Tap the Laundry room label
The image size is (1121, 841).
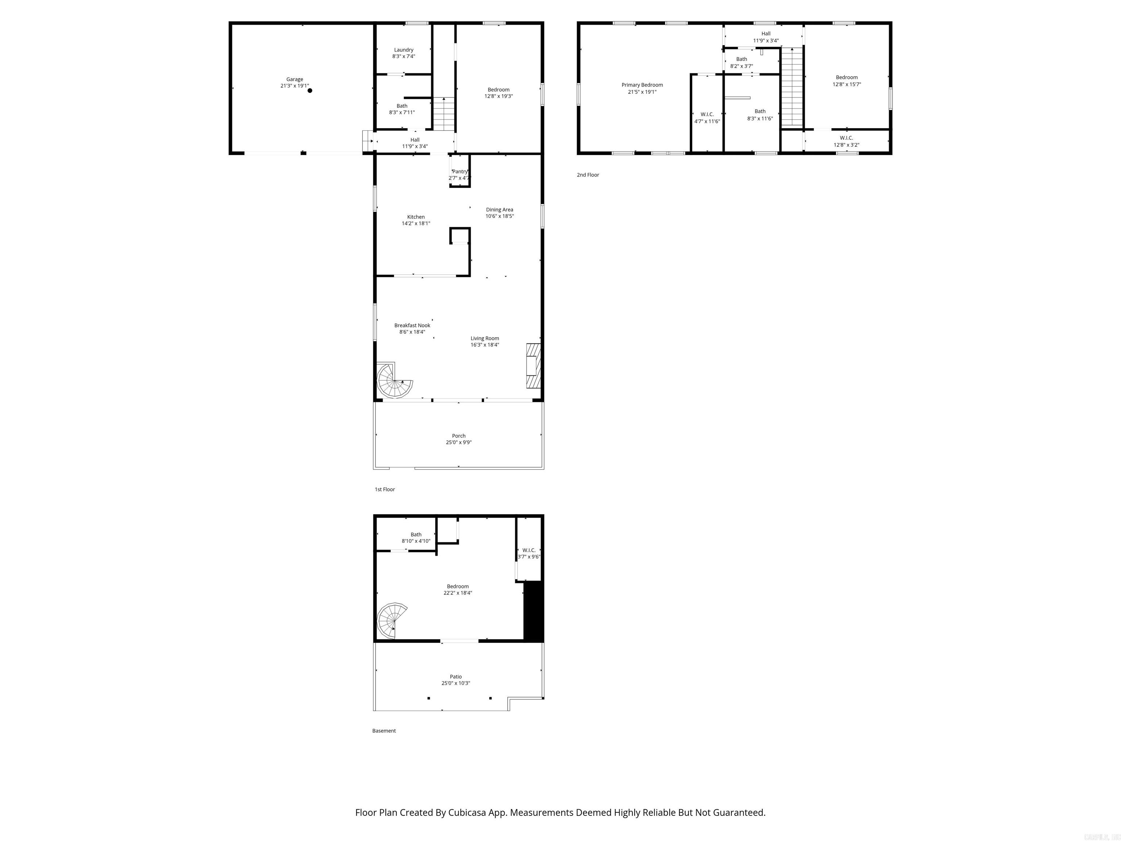coord(403,50)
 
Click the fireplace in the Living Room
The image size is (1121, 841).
coord(533,365)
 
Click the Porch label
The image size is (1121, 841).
coord(459,435)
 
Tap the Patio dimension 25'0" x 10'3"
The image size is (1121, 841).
coord(456,683)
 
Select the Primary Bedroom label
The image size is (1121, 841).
coord(642,85)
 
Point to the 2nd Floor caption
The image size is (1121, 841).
coord(588,175)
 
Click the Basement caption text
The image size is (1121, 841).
coord(384,730)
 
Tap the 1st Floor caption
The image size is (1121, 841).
coord(385,489)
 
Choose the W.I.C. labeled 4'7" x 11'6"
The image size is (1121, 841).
coord(707,118)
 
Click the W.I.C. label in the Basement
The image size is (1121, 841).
coord(529,550)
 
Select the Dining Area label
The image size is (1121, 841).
coord(499,210)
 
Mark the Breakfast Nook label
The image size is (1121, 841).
coord(412,326)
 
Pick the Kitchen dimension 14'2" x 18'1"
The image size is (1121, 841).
coord(416,223)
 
